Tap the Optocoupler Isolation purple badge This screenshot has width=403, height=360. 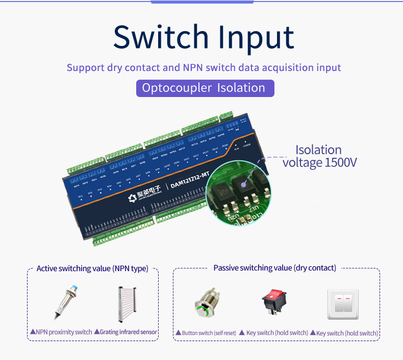205,88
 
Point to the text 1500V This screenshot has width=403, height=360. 341,162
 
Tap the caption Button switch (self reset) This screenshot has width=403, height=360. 209,333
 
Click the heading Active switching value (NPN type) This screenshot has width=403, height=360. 92,268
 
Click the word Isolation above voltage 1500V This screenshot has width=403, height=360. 318,150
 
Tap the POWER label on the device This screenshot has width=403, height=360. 246,145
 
